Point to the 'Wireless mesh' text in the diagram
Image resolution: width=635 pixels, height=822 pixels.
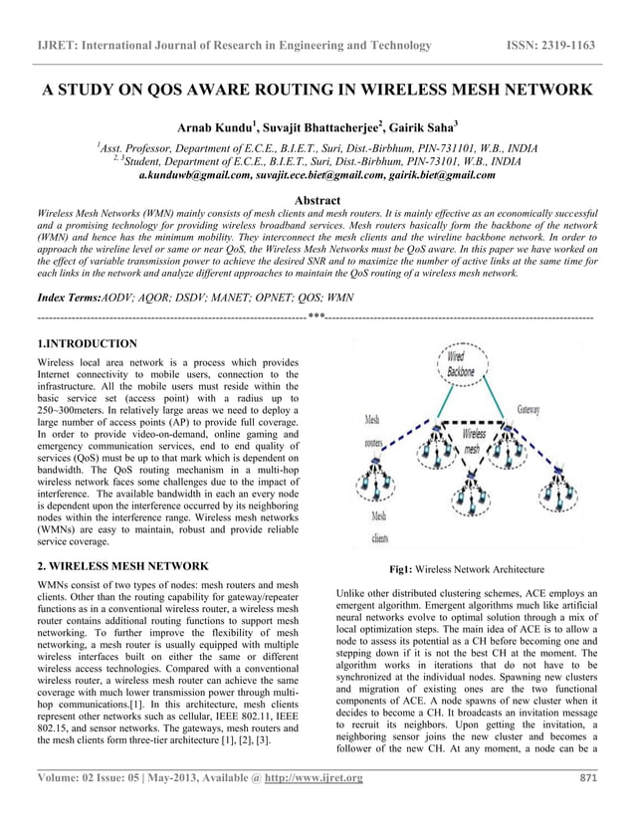(475, 441)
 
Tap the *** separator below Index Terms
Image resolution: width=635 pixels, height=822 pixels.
(317, 317)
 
